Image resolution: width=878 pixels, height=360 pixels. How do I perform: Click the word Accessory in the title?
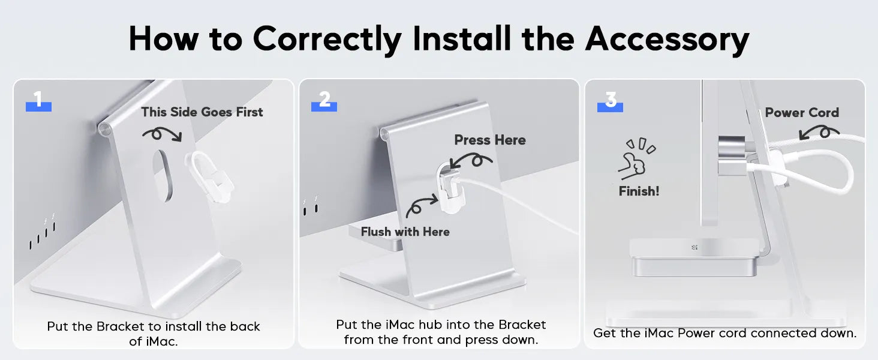(667, 39)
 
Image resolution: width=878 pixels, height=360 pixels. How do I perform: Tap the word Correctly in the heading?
(327, 39)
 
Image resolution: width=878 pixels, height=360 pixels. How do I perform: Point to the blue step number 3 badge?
(610, 101)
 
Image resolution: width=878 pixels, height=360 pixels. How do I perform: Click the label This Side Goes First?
(202, 112)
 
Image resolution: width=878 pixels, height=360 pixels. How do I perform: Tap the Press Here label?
(490, 140)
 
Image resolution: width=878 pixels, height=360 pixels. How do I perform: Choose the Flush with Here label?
(405, 232)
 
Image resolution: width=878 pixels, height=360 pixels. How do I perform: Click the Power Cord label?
(802, 113)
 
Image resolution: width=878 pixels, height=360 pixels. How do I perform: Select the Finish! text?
(639, 191)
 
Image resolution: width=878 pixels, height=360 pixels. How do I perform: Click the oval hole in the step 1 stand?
(163, 175)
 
